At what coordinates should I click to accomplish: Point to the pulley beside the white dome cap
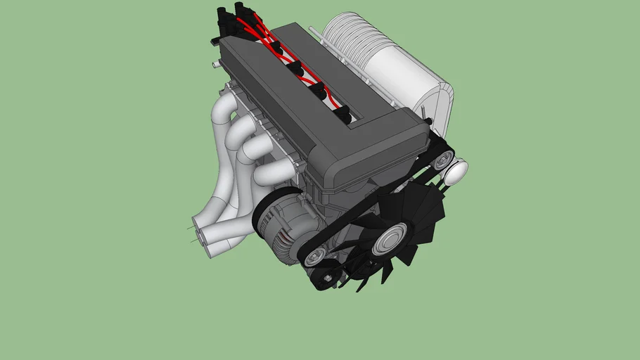click(441, 160)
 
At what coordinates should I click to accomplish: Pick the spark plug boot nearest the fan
click(342, 112)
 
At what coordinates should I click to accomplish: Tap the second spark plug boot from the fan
click(318, 89)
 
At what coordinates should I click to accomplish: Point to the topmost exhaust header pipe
click(224, 112)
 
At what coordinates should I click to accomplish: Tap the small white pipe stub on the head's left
click(214, 64)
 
